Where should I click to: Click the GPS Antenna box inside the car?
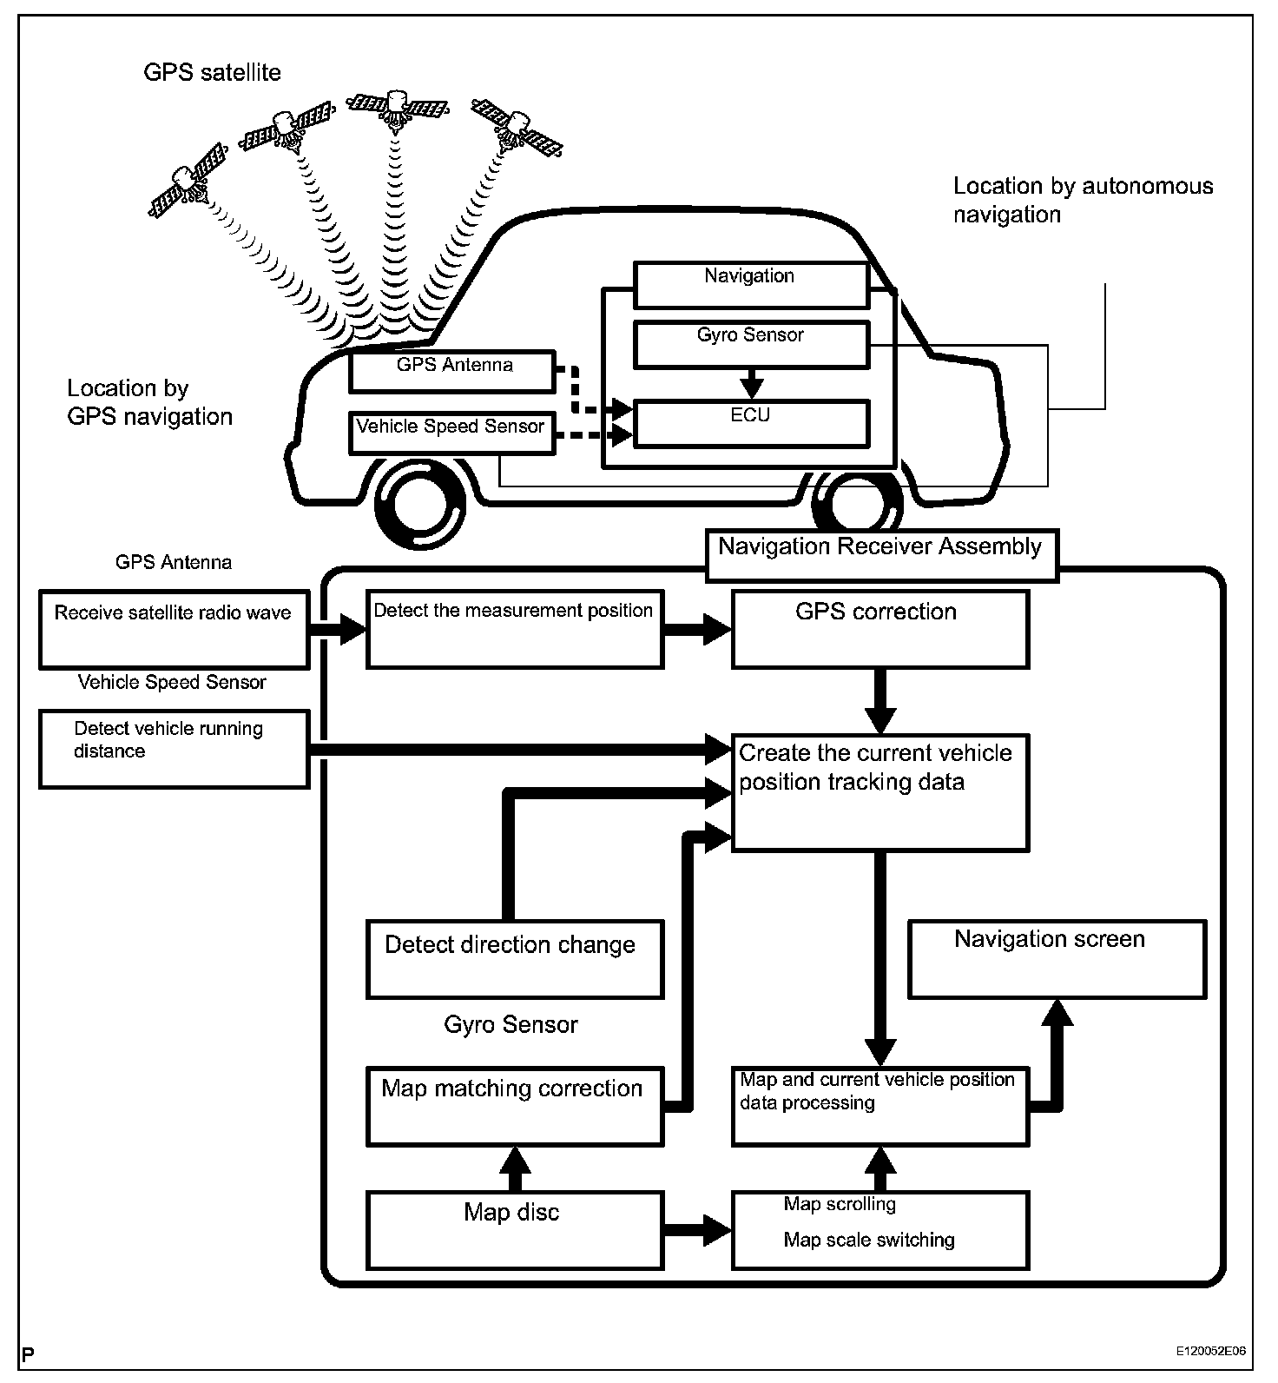pyautogui.click(x=451, y=371)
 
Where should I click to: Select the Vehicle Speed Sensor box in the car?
pyautogui.click(x=451, y=432)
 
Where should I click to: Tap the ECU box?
pyautogui.click(x=751, y=423)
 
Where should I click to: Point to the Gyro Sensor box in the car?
pyautogui.click(x=751, y=344)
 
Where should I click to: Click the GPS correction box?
pyautogui.click(x=879, y=629)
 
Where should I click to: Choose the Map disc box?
pyautogui.click(x=515, y=1229)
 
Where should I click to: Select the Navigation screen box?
pyautogui.click(x=1057, y=959)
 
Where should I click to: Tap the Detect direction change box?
pyautogui.click(x=515, y=959)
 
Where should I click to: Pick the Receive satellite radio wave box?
pyautogui.click(x=174, y=629)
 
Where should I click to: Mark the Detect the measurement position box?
pyautogui.click(x=515, y=629)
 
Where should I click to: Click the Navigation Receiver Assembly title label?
pyautogui.click(x=881, y=554)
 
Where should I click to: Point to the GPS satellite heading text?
pyautogui.click(x=212, y=72)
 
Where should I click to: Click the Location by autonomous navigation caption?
pyautogui.click(x=1082, y=200)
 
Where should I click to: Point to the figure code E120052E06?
pyautogui.click(x=1210, y=1352)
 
